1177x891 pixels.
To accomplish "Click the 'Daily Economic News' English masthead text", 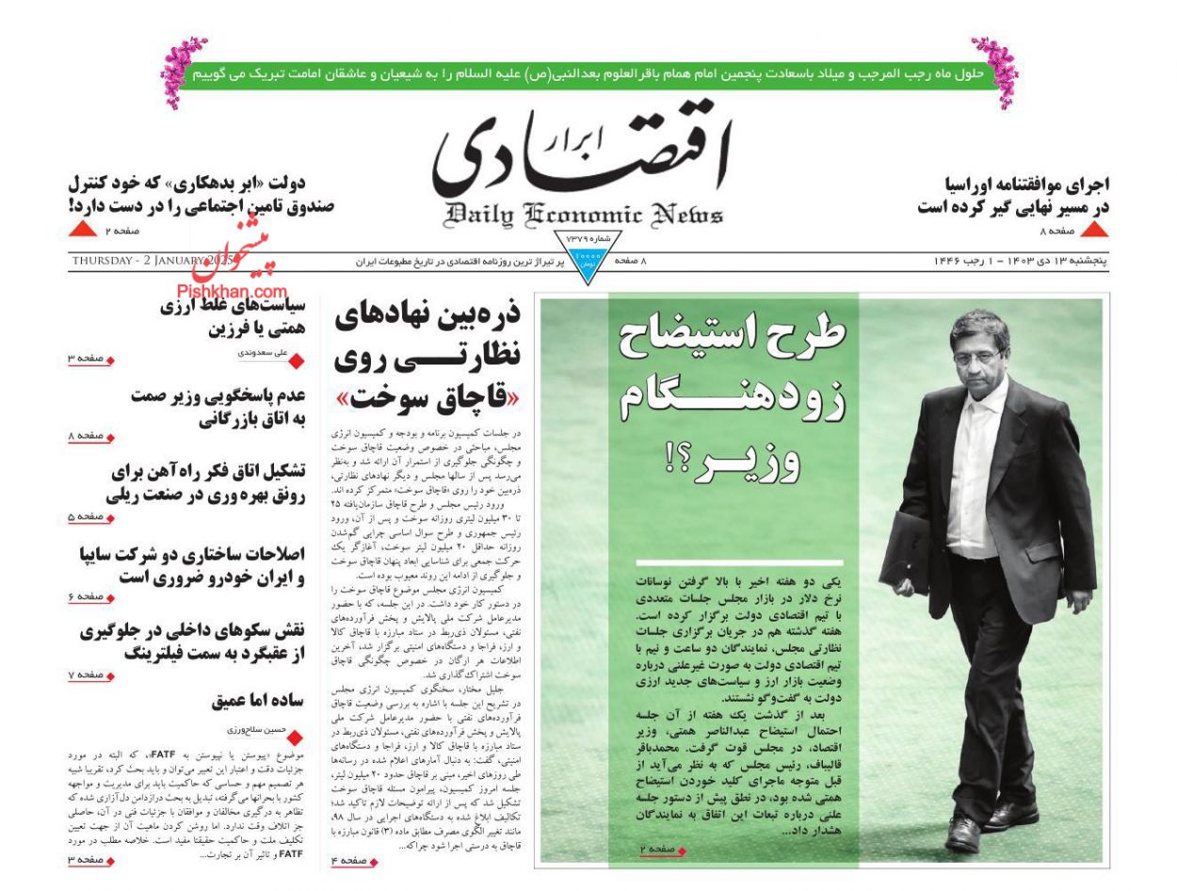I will [585, 215].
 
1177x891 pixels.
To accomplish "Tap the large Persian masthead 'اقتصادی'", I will [581, 154].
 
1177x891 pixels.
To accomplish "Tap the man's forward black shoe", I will [962, 834].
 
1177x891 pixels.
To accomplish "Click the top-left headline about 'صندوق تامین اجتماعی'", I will [202, 194].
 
